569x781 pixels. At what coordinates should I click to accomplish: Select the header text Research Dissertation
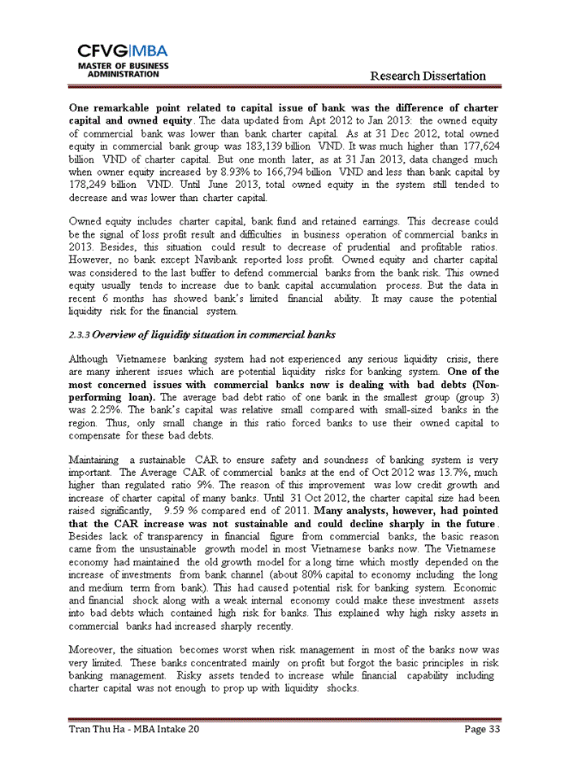coord(428,76)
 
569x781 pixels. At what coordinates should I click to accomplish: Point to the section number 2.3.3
coord(80,335)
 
